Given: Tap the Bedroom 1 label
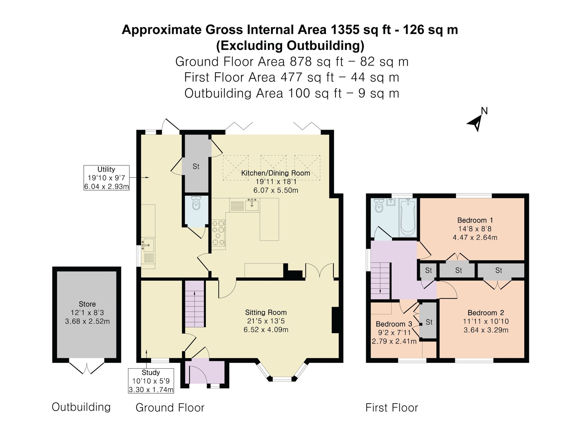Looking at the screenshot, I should click(x=475, y=220).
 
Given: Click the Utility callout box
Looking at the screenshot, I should click(x=106, y=177).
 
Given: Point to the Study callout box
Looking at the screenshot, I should click(x=151, y=381).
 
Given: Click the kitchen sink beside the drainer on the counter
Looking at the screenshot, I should click(x=252, y=205).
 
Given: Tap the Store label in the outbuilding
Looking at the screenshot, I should click(x=87, y=304).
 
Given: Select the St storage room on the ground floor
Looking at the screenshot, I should click(x=196, y=166).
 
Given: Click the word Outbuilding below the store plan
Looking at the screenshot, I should click(x=81, y=407).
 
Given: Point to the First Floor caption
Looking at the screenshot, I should click(x=391, y=407).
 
